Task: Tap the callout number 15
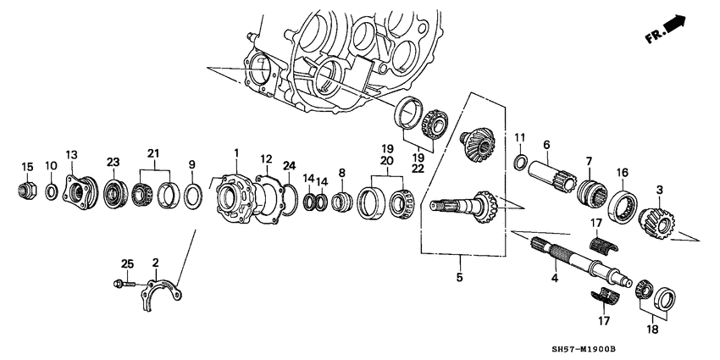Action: click(x=26, y=166)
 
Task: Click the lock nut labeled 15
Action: click(x=26, y=191)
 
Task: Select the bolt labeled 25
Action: click(x=119, y=284)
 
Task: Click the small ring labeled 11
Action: click(x=522, y=162)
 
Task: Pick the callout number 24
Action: click(x=290, y=165)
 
